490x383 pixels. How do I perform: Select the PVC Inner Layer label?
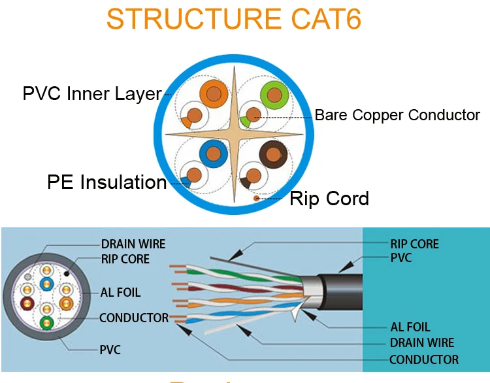(x=91, y=93)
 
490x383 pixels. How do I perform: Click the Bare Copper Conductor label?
(x=397, y=116)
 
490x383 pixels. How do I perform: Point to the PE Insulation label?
(x=107, y=182)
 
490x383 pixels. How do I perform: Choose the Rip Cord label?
(x=329, y=198)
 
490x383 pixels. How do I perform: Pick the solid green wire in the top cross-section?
(x=275, y=95)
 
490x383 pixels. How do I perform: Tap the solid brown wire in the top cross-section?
(x=273, y=154)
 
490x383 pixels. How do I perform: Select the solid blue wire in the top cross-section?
(x=213, y=154)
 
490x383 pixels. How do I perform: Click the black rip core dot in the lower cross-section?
(x=66, y=271)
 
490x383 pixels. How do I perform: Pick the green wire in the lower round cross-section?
(x=46, y=322)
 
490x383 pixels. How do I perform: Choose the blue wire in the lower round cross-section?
(x=46, y=284)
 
